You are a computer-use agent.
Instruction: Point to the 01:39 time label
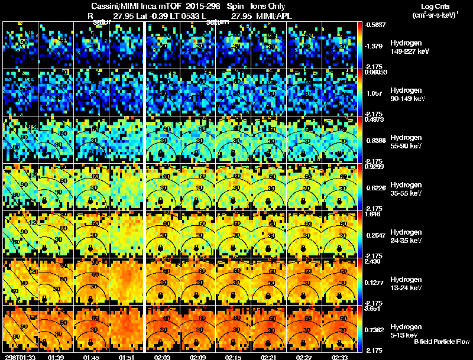pos(56,356)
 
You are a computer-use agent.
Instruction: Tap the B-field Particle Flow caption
pos(442,342)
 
